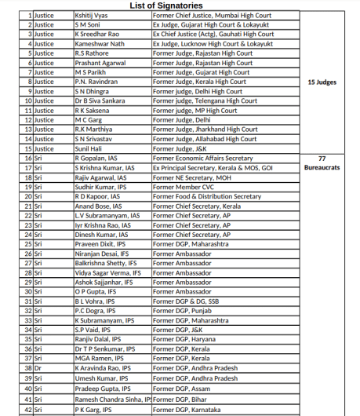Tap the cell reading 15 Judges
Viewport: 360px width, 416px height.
point(322,82)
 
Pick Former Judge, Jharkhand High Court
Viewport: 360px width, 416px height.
point(205,129)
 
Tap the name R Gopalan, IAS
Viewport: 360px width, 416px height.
point(98,158)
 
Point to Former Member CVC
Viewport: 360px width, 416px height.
point(184,186)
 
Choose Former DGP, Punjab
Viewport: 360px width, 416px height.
point(181,310)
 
